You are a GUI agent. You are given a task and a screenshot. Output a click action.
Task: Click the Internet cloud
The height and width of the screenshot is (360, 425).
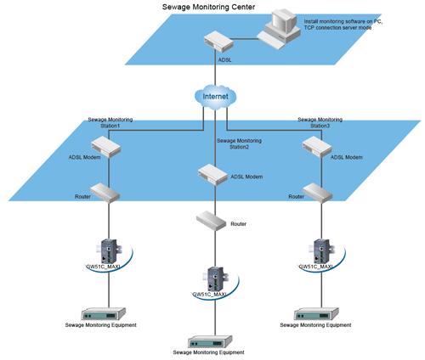point(215,97)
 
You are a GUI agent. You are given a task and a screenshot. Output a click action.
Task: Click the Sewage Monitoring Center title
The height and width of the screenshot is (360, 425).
point(208,7)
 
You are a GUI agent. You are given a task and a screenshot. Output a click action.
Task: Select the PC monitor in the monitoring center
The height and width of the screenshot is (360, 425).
point(283,25)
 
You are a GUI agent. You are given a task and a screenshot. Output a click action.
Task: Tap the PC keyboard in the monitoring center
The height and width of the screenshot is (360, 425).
point(270,40)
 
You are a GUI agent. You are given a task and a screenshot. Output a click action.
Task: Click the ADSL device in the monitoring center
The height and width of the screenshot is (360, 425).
point(218,42)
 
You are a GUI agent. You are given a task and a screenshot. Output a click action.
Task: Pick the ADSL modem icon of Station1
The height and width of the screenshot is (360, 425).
point(106,147)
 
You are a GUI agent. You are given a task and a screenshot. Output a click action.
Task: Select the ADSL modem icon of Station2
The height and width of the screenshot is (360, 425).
point(212,175)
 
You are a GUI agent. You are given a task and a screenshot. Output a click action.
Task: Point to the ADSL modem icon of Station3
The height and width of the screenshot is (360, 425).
point(317,147)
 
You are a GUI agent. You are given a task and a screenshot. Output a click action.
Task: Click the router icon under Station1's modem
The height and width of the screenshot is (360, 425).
point(105,193)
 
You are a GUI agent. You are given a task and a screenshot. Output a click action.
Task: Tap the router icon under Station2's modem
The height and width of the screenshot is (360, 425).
point(212,221)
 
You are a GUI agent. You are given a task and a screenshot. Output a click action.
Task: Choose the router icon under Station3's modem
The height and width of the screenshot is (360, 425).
point(318,193)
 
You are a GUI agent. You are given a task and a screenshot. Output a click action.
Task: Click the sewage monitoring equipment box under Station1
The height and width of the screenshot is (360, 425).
point(104,314)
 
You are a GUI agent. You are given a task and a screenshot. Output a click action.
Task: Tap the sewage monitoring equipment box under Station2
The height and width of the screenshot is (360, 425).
point(210,342)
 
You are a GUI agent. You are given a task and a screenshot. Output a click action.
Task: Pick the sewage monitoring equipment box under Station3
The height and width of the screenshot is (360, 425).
point(316,314)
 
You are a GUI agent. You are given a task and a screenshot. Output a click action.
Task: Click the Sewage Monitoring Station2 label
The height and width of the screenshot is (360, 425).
point(239,143)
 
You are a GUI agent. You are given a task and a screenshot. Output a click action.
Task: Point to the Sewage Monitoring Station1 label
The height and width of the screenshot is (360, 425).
point(110,122)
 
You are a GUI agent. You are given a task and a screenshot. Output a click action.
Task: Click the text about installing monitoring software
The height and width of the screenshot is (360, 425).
point(343,25)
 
